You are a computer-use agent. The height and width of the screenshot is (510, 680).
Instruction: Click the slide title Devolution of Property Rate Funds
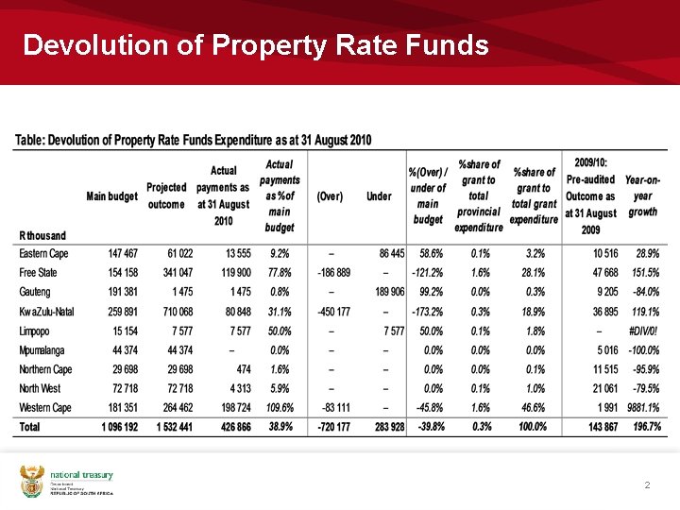pyautogui.click(x=255, y=45)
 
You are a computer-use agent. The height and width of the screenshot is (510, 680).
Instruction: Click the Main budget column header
pyautogui.click(x=111, y=196)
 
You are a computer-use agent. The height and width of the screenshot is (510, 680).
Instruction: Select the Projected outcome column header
pyautogui.click(x=166, y=196)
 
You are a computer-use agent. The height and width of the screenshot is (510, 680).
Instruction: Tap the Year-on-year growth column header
pyautogui.click(x=642, y=195)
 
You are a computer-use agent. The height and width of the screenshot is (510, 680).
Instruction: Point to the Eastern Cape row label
pyautogui.click(x=44, y=254)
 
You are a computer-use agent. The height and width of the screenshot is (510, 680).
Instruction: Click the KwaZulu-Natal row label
pyautogui.click(x=46, y=312)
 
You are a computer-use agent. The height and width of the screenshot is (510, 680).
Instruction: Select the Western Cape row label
pyautogui.click(x=45, y=408)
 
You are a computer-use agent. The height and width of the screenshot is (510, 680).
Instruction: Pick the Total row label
pyautogui.click(x=31, y=427)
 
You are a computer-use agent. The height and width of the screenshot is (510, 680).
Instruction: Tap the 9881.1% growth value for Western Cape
pyautogui.click(x=641, y=408)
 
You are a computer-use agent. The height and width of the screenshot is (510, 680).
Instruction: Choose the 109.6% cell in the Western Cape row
pyautogui.click(x=279, y=408)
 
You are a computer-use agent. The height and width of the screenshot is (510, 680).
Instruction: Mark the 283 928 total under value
pyautogui.click(x=383, y=427)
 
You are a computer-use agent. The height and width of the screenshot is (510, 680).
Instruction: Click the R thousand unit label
pyautogui.click(x=43, y=235)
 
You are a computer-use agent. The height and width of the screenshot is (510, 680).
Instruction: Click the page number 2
pyautogui.click(x=647, y=485)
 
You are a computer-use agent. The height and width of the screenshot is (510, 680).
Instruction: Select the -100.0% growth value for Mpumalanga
pyautogui.click(x=642, y=350)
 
